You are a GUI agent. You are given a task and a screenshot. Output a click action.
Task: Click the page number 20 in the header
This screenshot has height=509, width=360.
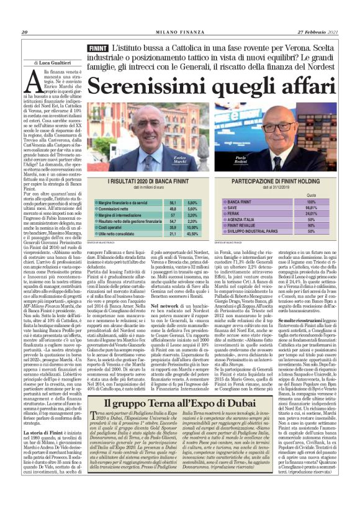[x=25, y=32]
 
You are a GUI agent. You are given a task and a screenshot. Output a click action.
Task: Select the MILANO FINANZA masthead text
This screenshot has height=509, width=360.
[x=179, y=32]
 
